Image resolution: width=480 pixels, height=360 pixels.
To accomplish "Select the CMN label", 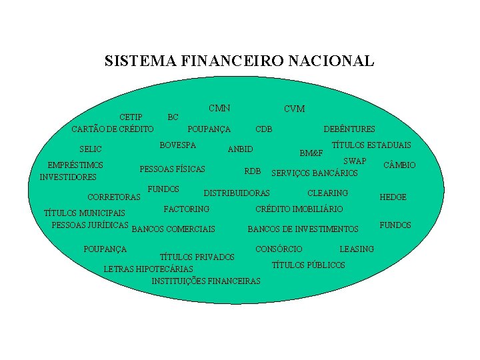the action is [x=219, y=108].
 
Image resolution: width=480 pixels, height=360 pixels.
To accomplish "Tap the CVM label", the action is [x=294, y=109].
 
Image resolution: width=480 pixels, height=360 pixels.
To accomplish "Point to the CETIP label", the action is [x=131, y=117].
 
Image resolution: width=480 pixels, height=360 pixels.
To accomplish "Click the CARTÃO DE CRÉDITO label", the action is [x=113, y=129].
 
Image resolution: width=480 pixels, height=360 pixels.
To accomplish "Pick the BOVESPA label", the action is [x=178, y=145].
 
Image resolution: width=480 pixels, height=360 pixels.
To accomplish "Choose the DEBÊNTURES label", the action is [x=349, y=129].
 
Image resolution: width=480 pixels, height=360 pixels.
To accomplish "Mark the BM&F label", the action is [x=311, y=153].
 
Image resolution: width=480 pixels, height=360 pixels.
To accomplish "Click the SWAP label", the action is [x=355, y=161].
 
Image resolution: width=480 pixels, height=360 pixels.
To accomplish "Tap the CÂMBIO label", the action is [x=399, y=165].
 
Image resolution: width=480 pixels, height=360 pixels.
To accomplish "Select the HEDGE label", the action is [x=393, y=197].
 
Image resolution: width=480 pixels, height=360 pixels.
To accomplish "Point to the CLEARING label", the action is [x=327, y=193].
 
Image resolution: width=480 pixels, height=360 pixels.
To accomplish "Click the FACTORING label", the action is [x=187, y=209].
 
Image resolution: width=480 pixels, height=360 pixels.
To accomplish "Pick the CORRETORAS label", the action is [x=114, y=197].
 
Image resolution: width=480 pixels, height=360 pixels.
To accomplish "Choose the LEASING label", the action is [x=357, y=249].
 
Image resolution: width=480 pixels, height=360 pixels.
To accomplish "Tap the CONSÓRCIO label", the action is [x=279, y=249].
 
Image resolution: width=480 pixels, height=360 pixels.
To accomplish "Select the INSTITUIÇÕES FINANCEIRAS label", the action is [x=206, y=281].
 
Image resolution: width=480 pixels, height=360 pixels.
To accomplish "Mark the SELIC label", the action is [x=91, y=149].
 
